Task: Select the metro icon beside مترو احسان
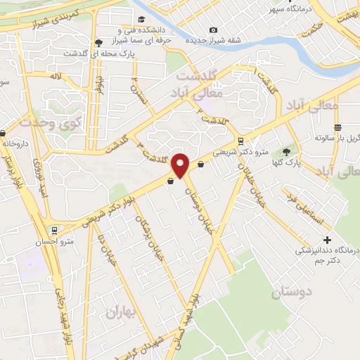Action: pos(54,230)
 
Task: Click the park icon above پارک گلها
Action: pos(286,150)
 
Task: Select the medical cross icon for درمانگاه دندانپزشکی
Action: pos(306,240)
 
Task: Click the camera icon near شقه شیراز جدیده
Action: pos(213,30)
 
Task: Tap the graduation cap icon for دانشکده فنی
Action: pos(142,19)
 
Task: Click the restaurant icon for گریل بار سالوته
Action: pos(338,127)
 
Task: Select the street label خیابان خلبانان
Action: pos(253,184)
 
